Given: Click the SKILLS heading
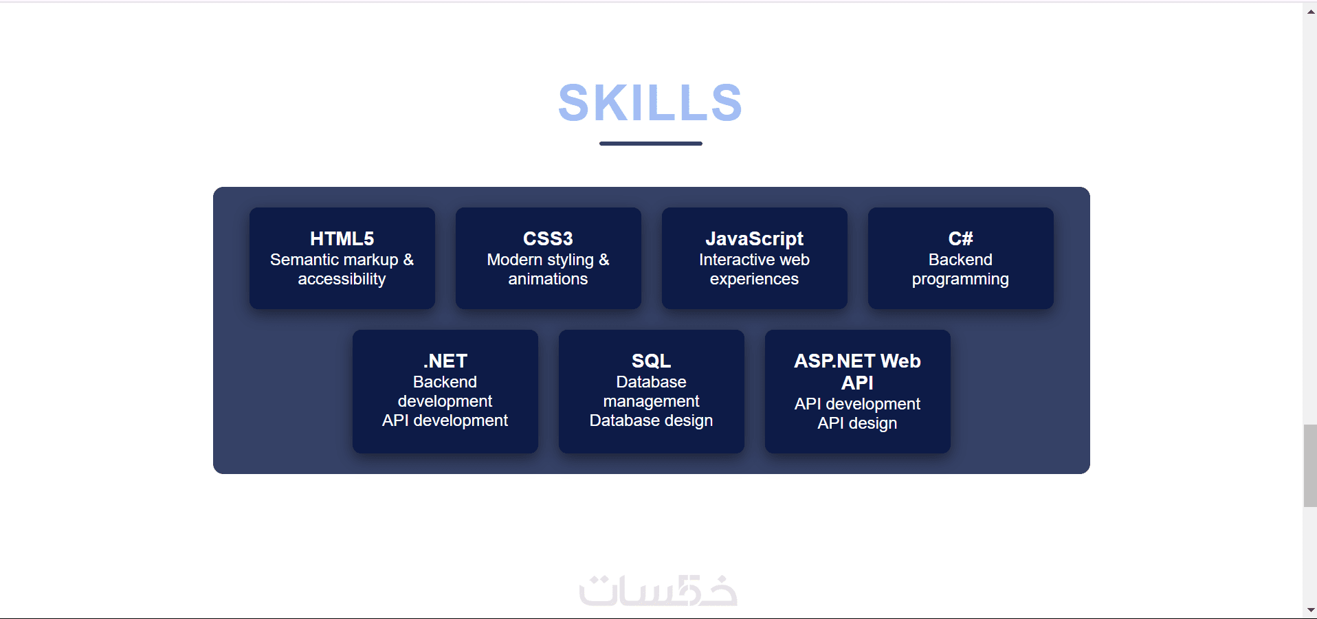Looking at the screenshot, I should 650,103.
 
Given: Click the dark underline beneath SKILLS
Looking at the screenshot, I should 650,144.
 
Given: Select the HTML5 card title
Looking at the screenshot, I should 342,238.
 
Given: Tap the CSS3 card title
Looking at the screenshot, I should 548,238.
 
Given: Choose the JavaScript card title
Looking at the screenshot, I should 754,238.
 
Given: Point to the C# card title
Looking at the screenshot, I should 960,238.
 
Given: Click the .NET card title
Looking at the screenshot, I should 445,361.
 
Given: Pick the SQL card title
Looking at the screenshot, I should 651,361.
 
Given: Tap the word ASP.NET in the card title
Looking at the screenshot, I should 834,361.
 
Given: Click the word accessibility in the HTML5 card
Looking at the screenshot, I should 342,279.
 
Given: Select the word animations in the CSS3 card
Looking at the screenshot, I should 548,279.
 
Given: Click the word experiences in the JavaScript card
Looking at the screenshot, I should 754,279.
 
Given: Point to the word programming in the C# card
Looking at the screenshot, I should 960,279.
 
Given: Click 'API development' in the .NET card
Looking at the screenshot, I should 445,420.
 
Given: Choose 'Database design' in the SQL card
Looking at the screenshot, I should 651,420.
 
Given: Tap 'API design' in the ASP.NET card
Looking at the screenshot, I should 857,423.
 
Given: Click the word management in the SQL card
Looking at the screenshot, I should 651,401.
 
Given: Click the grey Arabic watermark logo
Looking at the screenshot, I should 658,590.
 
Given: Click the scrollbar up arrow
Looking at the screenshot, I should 1310,12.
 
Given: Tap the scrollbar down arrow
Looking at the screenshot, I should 1310,610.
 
